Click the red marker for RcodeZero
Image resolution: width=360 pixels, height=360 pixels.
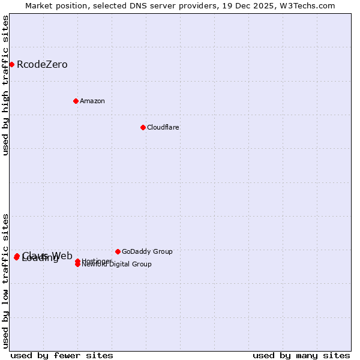coord(11,64)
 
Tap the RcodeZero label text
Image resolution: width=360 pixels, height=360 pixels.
coord(42,65)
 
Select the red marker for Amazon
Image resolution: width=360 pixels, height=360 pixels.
coord(76,101)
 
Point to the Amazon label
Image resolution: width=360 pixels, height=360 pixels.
coord(92,101)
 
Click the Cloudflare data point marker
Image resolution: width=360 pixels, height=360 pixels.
coord(143,127)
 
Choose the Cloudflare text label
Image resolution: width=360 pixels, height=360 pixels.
coord(163,127)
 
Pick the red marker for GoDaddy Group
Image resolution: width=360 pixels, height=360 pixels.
coord(118,251)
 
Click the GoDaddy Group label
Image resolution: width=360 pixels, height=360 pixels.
coord(147,252)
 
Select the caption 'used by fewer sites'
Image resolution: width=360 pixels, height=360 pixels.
coord(62,355)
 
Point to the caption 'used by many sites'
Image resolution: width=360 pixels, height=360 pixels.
coord(301,355)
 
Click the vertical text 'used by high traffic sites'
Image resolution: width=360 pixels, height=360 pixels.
coord(6,85)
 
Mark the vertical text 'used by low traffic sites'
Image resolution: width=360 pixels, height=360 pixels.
coord(6,281)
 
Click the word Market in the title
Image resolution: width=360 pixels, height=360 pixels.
coord(40,5)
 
